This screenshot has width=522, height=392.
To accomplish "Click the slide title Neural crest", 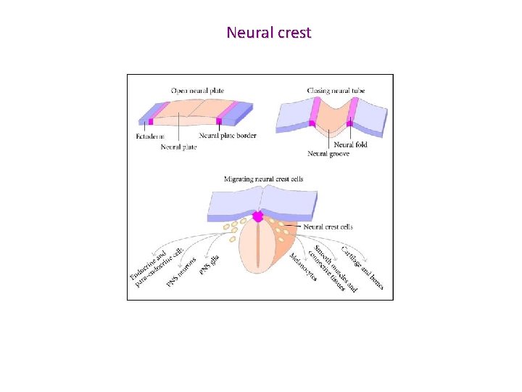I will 268,33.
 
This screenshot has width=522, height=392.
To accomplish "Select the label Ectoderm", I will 150,136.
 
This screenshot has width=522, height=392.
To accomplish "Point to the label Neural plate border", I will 228,136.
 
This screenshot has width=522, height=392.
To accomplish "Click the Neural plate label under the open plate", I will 179,147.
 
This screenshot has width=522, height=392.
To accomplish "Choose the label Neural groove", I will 328,153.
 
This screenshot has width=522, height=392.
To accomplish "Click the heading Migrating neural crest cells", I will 263,179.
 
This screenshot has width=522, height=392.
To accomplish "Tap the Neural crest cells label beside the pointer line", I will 328,227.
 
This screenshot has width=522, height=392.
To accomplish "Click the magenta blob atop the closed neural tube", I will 257,216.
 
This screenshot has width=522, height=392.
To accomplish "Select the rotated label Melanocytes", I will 303,267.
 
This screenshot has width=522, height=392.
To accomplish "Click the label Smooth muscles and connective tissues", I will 333,267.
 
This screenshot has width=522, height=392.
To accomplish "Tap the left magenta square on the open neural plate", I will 151,122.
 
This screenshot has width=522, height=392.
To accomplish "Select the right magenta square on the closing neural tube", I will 349,124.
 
